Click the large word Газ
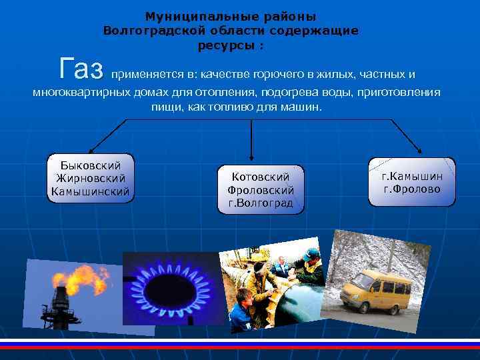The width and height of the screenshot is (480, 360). click(x=81, y=68)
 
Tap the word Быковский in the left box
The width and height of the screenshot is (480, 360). click(x=91, y=165)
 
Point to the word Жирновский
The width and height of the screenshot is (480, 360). click(x=91, y=178)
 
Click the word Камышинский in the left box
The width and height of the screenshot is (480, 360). click(x=91, y=192)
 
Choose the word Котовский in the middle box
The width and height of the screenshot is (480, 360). click(x=260, y=177)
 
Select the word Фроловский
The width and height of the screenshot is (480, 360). click(x=260, y=190)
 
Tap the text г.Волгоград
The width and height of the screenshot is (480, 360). click(x=260, y=203)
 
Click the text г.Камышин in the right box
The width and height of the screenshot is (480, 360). click(x=411, y=177)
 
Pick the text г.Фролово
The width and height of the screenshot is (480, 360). click(x=411, y=189)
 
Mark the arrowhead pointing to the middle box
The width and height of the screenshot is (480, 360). click(x=252, y=158)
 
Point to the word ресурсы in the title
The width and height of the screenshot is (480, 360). click(x=227, y=45)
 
